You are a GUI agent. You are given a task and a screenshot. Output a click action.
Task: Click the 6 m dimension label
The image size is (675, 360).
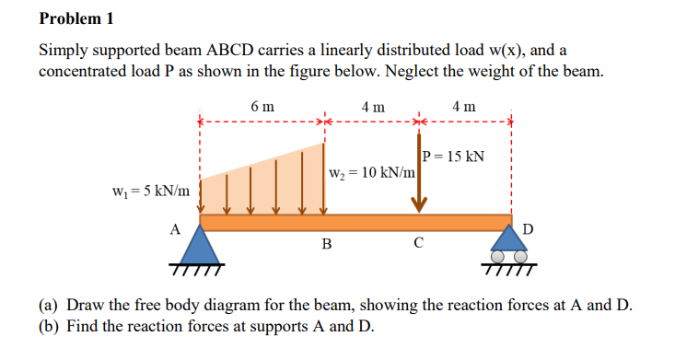pyautogui.click(x=262, y=107)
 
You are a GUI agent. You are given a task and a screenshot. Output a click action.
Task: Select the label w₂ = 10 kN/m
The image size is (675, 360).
pyautogui.click(x=371, y=172)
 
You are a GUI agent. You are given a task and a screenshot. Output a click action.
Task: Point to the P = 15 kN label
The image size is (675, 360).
pyautogui.click(x=454, y=156)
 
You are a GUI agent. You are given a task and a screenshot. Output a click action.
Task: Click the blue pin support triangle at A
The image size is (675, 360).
pyautogui.click(x=200, y=246)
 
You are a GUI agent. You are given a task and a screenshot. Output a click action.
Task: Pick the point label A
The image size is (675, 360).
pyautogui.click(x=174, y=228)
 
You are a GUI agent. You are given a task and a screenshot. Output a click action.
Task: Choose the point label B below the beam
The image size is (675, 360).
pyautogui.click(x=325, y=244)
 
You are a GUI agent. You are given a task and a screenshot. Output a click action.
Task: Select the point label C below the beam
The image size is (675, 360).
pyautogui.click(x=419, y=244)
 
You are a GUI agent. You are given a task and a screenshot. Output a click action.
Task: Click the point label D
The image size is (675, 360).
pyautogui.click(x=527, y=227)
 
